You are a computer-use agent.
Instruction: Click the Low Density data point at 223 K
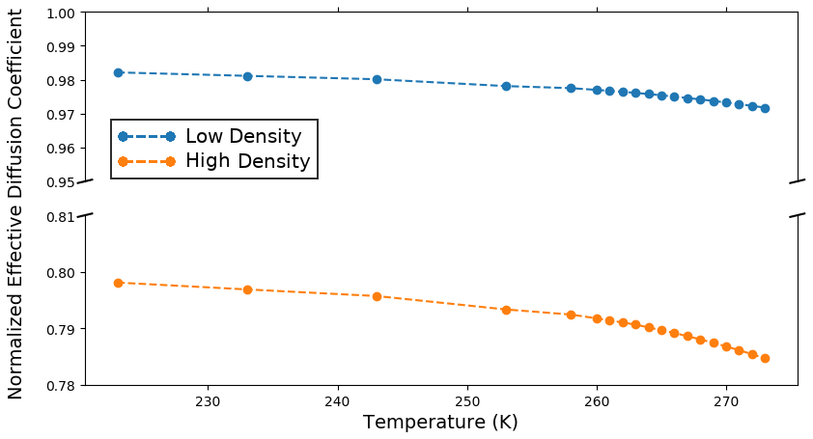click(118, 72)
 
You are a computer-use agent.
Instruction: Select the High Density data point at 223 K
click(118, 283)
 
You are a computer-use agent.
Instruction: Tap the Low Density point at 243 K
click(377, 79)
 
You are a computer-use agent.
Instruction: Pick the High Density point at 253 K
click(506, 310)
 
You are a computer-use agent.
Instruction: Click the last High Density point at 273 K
click(765, 358)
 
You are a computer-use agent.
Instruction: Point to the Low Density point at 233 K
click(247, 76)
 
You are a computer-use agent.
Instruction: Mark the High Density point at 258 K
click(571, 315)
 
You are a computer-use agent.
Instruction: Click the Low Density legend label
click(243, 137)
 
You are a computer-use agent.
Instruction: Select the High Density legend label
click(247, 161)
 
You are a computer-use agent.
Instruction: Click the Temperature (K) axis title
click(440, 423)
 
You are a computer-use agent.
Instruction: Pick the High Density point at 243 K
click(377, 296)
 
